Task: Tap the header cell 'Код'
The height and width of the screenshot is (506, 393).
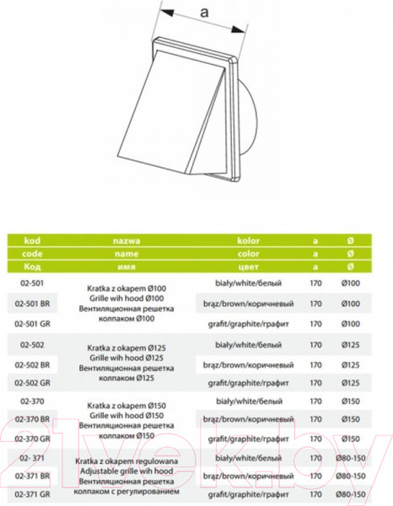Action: (29, 266)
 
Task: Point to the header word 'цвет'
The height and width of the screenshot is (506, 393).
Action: (249, 266)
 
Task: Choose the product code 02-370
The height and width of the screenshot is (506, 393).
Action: (28, 401)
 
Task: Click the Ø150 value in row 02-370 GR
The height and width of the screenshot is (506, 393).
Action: (352, 439)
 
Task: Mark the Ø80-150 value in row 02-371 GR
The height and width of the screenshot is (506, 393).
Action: (352, 496)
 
